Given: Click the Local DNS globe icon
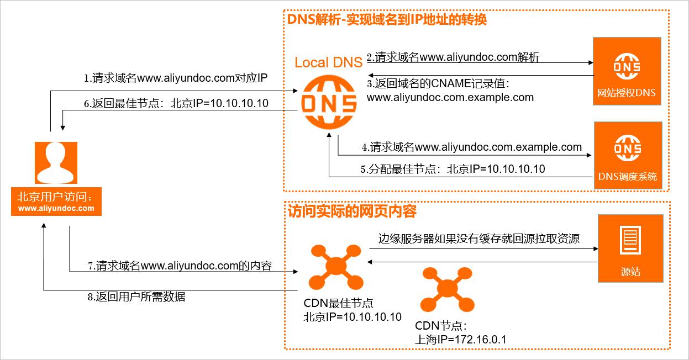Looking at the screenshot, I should (329, 103).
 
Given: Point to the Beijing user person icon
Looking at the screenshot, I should (56, 162).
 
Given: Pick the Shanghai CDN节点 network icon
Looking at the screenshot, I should (446, 289).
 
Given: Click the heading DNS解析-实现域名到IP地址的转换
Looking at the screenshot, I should (387, 20).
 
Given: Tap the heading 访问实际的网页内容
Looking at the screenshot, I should (352, 211).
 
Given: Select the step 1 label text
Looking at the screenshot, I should (175, 78).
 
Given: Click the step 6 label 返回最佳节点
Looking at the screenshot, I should (176, 103).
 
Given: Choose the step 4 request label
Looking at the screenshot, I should (471, 147).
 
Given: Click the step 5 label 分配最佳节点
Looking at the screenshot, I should (453, 170).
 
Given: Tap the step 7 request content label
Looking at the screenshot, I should (180, 266).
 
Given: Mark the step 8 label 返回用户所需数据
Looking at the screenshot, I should (136, 297).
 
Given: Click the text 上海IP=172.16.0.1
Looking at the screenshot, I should (460, 340).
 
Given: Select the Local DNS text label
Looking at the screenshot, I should (328, 62).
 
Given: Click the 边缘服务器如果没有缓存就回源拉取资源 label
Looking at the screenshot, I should (478, 239).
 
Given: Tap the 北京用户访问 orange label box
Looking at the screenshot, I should (56, 202).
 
